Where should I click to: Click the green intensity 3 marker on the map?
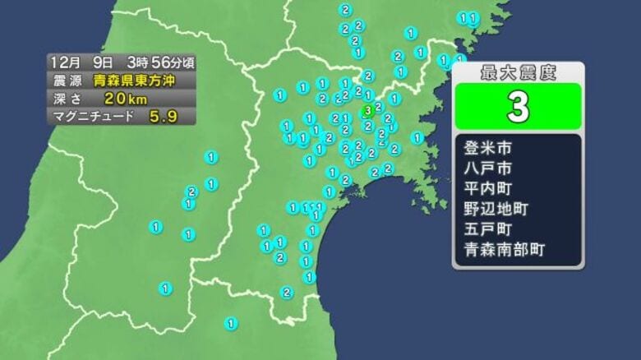coord(368,109)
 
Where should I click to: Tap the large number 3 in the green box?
coord(518,108)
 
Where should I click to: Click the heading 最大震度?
coord(518,72)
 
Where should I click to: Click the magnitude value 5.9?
coord(163,117)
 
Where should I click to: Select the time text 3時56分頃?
coord(160,62)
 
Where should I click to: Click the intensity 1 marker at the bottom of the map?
coord(231,324)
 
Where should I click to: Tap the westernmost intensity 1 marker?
coord(156,226)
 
